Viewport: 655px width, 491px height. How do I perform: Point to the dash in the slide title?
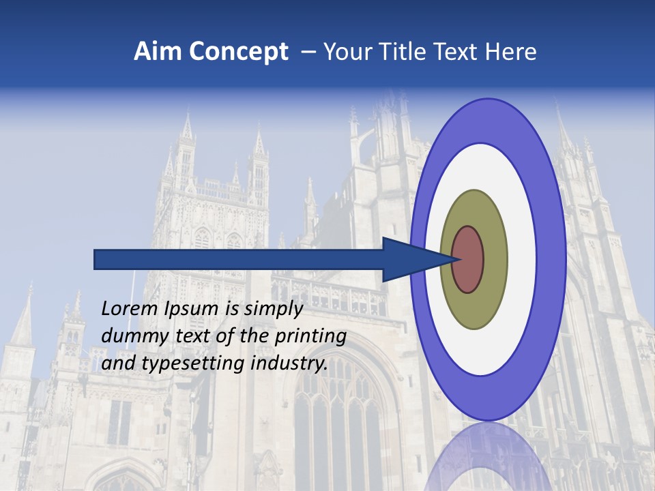[308, 52]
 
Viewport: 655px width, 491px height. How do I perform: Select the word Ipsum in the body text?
[190, 309]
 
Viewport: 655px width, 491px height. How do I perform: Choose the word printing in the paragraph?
[310, 336]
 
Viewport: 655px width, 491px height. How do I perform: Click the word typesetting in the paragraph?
[193, 363]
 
